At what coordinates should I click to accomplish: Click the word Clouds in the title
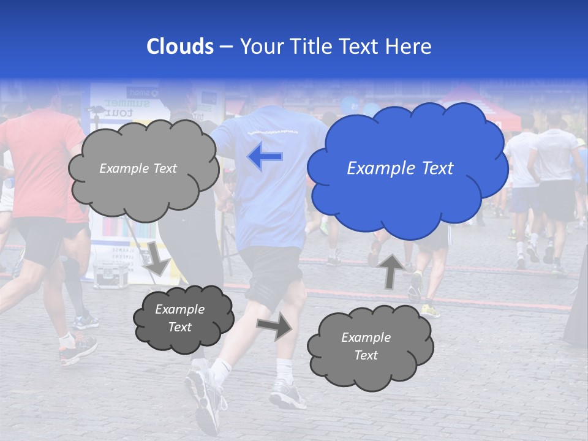click(x=180, y=47)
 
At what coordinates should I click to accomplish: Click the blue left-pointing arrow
click(x=265, y=157)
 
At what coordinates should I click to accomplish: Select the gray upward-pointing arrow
click(x=391, y=270)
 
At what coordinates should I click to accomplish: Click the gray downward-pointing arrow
click(x=157, y=258)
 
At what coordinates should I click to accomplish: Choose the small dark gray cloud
click(x=183, y=318)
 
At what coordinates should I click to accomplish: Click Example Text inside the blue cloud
click(x=400, y=168)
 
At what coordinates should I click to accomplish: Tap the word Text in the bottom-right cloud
click(x=366, y=355)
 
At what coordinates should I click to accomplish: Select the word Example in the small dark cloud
click(x=179, y=309)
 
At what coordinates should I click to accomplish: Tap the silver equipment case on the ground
click(x=110, y=275)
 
